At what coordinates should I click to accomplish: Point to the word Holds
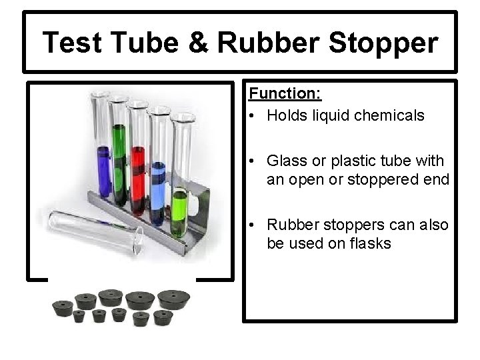(x=286, y=115)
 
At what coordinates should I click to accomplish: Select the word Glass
(x=286, y=161)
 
